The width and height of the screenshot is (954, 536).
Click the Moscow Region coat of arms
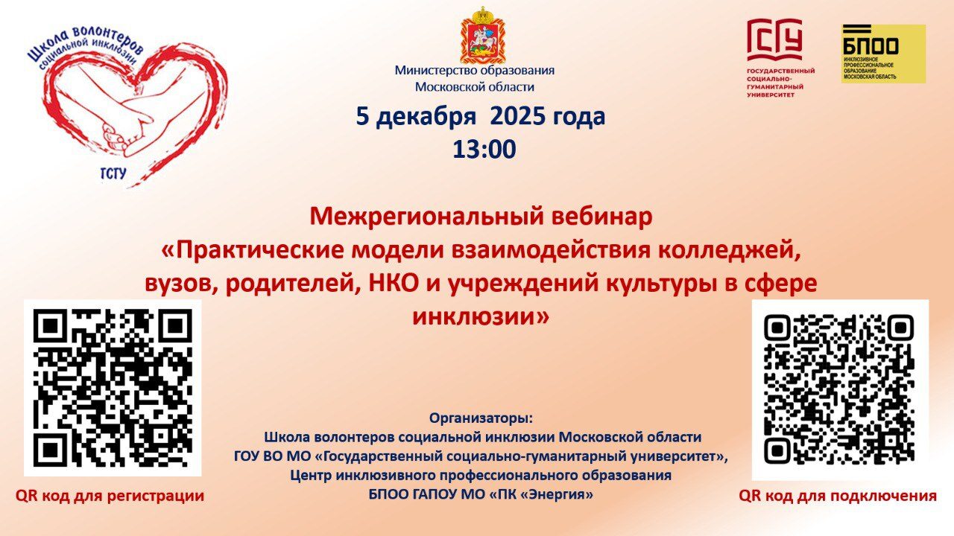pos(482,35)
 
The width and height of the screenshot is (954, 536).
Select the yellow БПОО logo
pos(883,54)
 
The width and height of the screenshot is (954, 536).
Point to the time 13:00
pos(484,150)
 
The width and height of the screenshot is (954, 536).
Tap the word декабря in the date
pos(426,117)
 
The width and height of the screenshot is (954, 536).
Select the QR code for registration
pos(113,388)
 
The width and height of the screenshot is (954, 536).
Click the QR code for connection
pos(839,389)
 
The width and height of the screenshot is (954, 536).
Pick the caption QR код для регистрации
pos(110,496)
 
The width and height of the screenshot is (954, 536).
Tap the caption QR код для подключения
pos(838,496)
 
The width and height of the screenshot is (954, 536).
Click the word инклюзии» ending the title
pos(481,317)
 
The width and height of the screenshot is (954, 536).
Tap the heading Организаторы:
pos(481,418)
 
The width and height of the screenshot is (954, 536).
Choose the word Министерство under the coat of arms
pos(435,70)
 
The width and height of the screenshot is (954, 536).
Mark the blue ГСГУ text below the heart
pos(113,174)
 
